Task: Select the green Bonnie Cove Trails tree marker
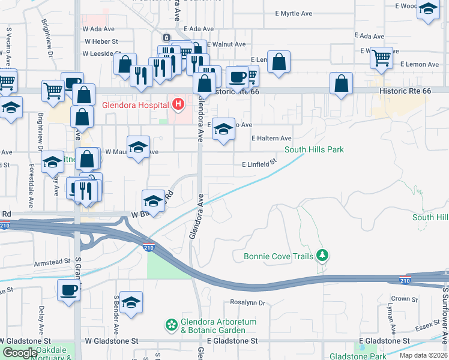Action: [323, 256]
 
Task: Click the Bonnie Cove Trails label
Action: [279, 257]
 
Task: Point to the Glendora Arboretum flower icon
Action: [171, 326]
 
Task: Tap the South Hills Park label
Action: [314, 149]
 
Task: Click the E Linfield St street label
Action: [259, 163]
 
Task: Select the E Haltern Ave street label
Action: [271, 139]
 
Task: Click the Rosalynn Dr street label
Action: [247, 303]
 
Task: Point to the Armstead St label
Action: [54, 263]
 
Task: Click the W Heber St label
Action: [102, 41]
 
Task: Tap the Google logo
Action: [20, 353]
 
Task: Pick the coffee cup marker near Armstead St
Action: [68, 291]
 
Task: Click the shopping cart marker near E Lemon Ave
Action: [382, 58]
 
